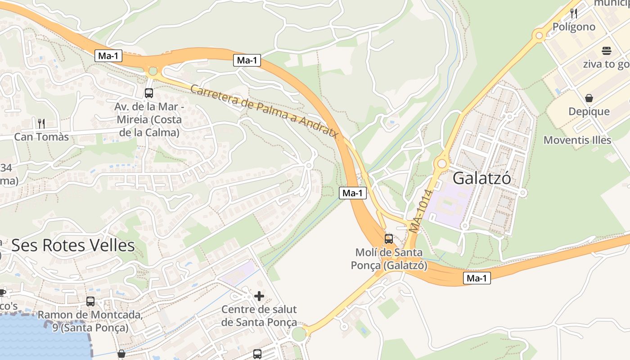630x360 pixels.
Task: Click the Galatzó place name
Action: pos(481,179)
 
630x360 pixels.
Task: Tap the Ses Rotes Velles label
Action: pos(73,246)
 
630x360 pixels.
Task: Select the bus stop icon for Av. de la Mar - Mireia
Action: pos(148,93)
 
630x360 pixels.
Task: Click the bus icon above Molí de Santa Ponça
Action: pos(388,239)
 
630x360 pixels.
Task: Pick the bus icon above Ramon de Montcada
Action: pos(90,301)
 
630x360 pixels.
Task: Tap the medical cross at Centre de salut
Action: pos(259,296)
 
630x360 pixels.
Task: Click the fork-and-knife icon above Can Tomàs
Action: pos(41,123)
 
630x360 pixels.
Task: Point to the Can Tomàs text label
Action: pos(41,137)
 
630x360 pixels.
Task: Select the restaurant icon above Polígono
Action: pos(574,13)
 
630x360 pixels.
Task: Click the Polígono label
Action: pos(574,27)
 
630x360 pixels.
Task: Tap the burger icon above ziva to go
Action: pos(606,50)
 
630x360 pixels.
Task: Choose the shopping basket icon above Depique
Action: pos(589,98)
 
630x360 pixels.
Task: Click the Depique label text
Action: pos(589,112)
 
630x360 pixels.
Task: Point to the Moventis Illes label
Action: pos(577,140)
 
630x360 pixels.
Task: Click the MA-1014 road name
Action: pos(421,211)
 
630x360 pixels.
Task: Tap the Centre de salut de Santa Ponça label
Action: pos(259,316)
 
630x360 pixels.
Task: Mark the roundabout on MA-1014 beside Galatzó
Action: pos(442,163)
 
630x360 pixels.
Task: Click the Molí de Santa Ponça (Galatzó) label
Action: pos(389,259)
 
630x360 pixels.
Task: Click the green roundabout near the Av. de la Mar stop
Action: pos(153,71)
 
